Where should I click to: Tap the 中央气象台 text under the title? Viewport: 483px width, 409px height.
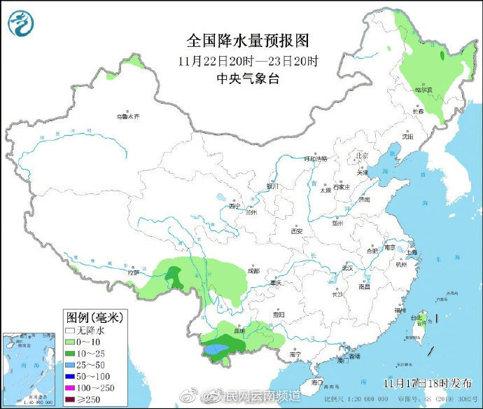tap(248, 78)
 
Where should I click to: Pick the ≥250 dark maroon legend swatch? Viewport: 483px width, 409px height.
tap(71, 399)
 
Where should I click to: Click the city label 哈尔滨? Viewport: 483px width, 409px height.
tap(423, 90)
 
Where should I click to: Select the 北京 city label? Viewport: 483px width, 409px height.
tap(361, 155)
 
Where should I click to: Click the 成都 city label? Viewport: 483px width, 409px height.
tap(253, 270)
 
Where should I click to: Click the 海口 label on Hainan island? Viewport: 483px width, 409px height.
tap(317, 382)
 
